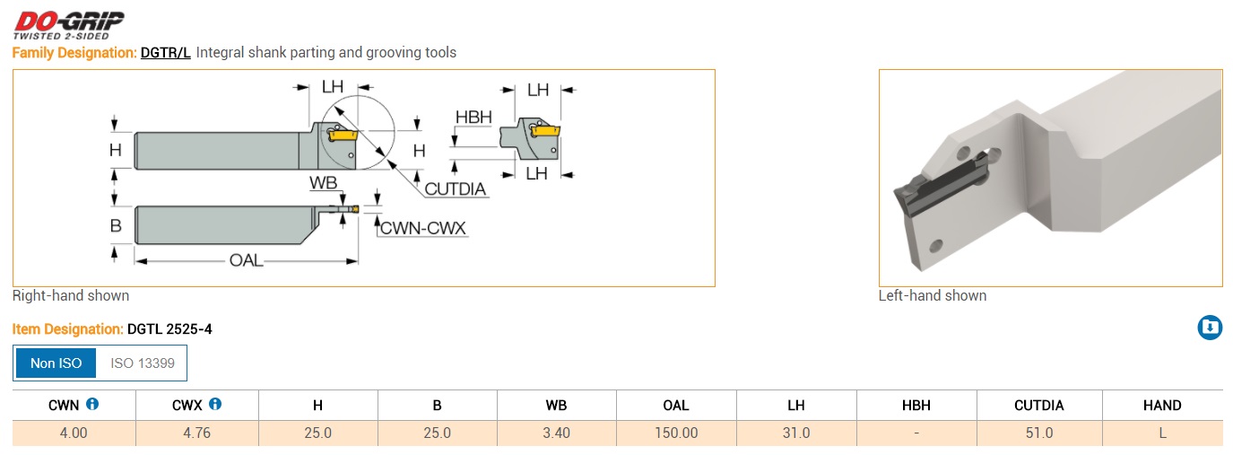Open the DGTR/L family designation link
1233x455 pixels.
tap(165, 53)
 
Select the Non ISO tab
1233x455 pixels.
tap(56, 363)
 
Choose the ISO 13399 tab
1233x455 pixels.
tap(143, 363)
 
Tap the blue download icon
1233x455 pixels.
tap(1210, 328)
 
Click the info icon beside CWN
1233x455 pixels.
tap(92, 405)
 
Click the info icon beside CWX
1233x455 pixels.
tap(214, 405)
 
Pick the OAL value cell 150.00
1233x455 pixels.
tap(675, 433)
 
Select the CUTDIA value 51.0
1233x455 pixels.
tap(1038, 433)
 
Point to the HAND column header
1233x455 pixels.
tap(1161, 406)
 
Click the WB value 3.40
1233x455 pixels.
tap(556, 433)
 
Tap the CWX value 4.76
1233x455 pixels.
tap(196, 433)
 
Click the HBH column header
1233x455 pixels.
tap(916, 406)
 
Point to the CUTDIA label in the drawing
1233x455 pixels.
tap(456, 188)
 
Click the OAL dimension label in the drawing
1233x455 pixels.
tap(247, 260)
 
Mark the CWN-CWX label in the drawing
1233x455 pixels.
tap(423, 228)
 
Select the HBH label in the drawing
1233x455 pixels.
tap(473, 118)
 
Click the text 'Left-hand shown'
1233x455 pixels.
tap(933, 296)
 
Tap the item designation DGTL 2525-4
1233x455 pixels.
tap(169, 329)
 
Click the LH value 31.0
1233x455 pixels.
tap(795, 433)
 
